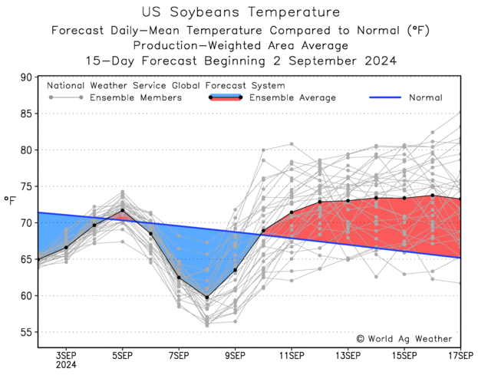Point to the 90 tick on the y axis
(26, 77)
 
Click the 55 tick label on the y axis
(26, 332)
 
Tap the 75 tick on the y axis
(26, 186)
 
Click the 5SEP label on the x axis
(123, 355)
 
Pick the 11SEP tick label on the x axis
(292, 355)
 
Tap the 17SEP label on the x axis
(460, 355)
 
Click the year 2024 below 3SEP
(66, 366)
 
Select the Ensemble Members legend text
(136, 98)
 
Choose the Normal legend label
(425, 98)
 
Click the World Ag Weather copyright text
(404, 338)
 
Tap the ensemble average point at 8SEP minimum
(207, 297)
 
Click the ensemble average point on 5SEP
(123, 211)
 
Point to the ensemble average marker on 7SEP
(179, 278)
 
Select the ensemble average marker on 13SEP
(348, 201)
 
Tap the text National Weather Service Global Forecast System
(166, 86)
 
